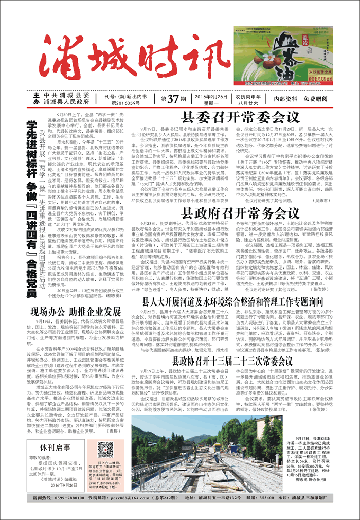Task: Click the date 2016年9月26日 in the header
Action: click(211, 96)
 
